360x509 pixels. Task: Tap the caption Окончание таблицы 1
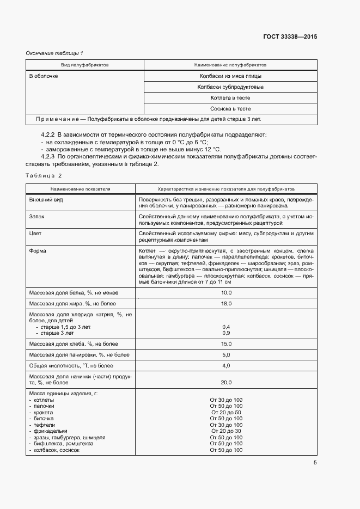(54, 53)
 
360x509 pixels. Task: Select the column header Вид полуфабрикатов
(84, 65)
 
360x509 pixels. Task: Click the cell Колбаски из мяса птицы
(230, 76)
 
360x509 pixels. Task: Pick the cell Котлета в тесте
(230, 98)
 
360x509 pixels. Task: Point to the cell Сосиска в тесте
(230, 109)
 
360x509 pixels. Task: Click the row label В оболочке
(44, 76)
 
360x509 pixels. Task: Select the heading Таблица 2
(44, 176)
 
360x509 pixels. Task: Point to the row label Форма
(38, 251)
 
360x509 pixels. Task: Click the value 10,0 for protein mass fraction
(227, 293)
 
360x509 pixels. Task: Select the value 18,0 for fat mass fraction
(227, 303)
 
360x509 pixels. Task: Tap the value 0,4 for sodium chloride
(227, 326)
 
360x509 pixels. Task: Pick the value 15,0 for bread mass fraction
(227, 344)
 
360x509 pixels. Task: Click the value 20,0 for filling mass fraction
(227, 382)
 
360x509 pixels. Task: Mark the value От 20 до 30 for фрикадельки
(227, 431)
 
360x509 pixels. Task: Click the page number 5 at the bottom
(315, 463)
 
